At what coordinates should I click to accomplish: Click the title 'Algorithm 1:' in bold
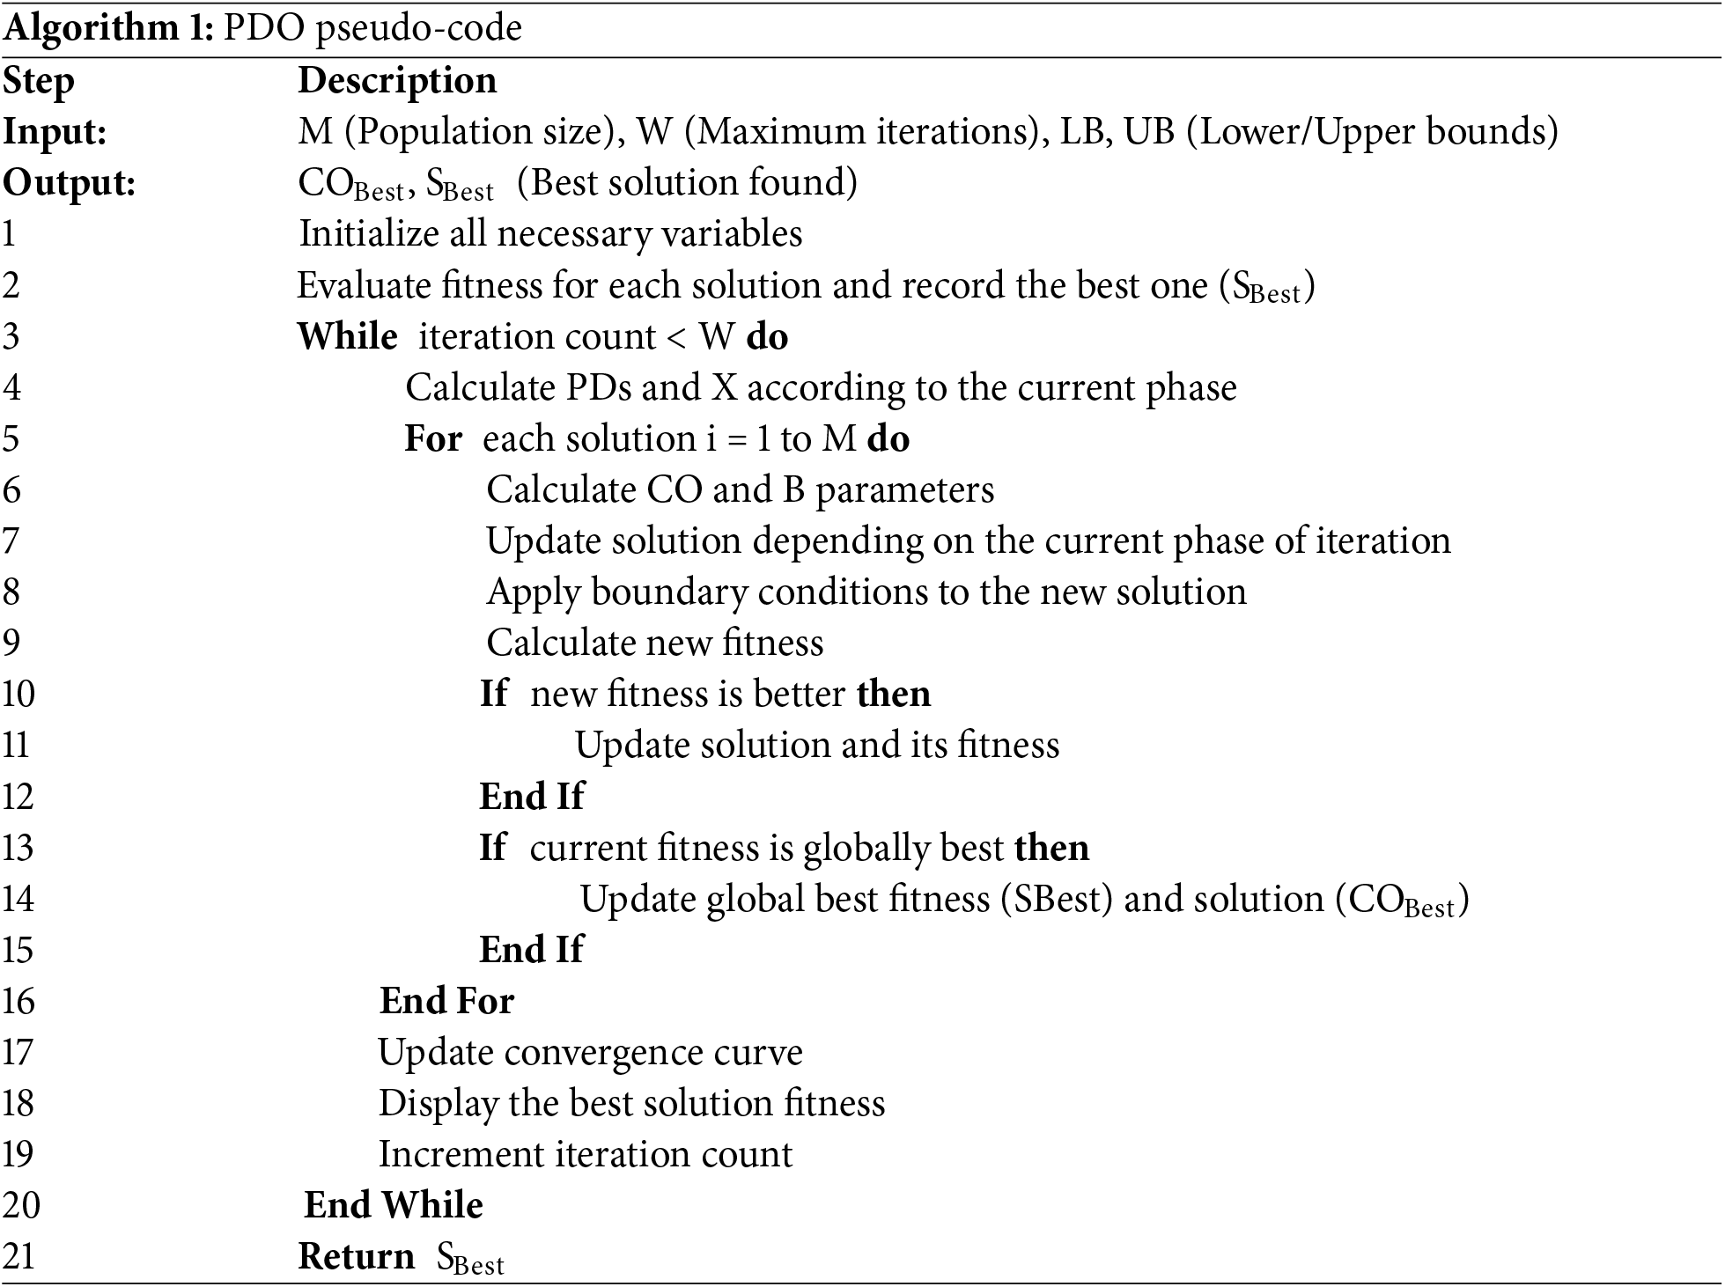pyautogui.click(x=107, y=29)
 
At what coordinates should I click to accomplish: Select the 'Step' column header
pyautogui.click(x=39, y=82)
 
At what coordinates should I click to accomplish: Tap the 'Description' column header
pyautogui.click(x=397, y=82)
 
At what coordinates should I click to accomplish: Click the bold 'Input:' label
pyautogui.click(x=55, y=133)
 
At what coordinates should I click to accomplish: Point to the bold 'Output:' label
pyautogui.click(x=69, y=184)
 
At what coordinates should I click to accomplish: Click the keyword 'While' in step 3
pyautogui.click(x=347, y=337)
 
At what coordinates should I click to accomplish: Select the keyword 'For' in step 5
pyautogui.click(x=433, y=439)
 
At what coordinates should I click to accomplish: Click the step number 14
pyautogui.click(x=18, y=900)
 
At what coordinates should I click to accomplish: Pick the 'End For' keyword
pyautogui.click(x=446, y=1002)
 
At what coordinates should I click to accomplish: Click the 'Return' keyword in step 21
pyautogui.click(x=357, y=1257)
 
